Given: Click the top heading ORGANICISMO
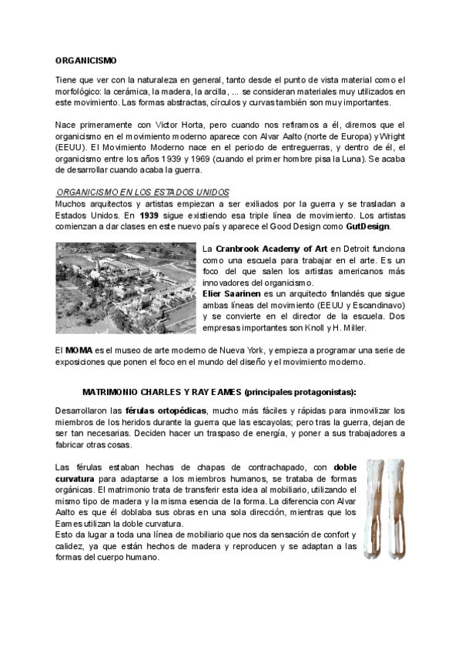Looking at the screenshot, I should click(85, 59).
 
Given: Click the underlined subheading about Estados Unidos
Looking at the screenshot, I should click(143, 192).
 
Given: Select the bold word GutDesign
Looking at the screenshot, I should click(369, 226).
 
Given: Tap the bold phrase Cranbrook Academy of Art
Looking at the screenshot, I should click(270, 249).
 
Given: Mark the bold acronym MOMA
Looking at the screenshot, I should click(79, 350).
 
